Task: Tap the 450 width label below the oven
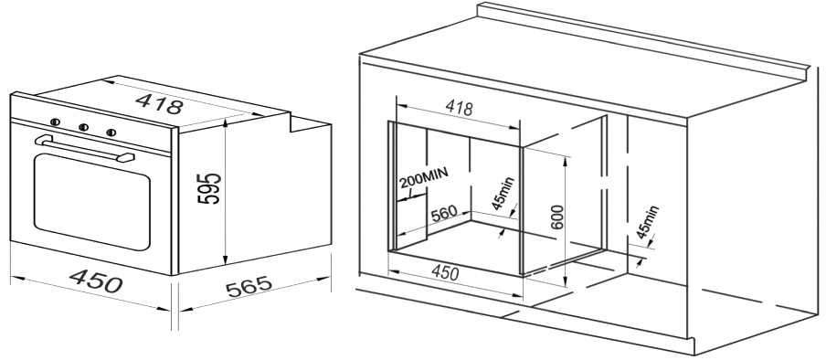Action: coord(97,281)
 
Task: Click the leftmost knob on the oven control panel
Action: coord(56,122)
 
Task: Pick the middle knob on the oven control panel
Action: coord(83,127)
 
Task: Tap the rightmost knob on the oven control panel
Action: coord(111,132)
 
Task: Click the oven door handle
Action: coord(84,149)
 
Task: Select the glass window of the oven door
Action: coord(91,201)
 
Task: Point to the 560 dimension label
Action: coord(443,215)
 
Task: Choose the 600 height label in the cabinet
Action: coord(559,217)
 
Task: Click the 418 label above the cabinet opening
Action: coord(459,107)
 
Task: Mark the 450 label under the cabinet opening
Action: coord(445,272)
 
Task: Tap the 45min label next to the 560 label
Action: coord(503,194)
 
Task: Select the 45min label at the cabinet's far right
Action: coord(648,222)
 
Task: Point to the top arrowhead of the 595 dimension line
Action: coord(226,122)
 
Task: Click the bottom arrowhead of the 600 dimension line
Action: coord(564,283)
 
